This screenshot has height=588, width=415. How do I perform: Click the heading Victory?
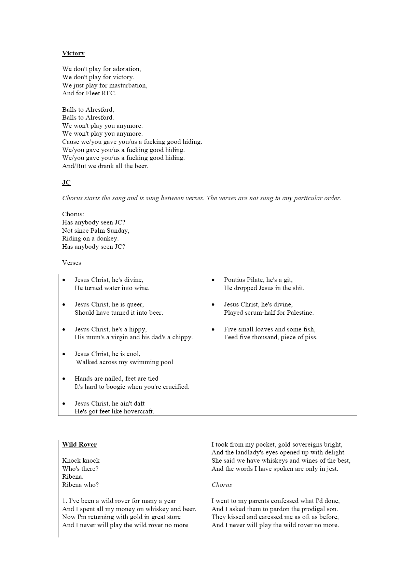click(73, 53)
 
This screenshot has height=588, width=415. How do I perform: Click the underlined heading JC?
click(66, 182)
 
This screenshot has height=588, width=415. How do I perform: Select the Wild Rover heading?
click(79, 445)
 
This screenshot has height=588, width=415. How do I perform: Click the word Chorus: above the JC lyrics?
click(73, 214)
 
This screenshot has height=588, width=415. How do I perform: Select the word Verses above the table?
click(71, 263)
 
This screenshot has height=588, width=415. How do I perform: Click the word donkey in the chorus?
click(108, 238)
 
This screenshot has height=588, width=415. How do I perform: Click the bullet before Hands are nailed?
click(64, 379)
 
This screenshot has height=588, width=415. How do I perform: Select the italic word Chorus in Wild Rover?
click(222, 485)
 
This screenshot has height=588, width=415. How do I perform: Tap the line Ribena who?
click(80, 485)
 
